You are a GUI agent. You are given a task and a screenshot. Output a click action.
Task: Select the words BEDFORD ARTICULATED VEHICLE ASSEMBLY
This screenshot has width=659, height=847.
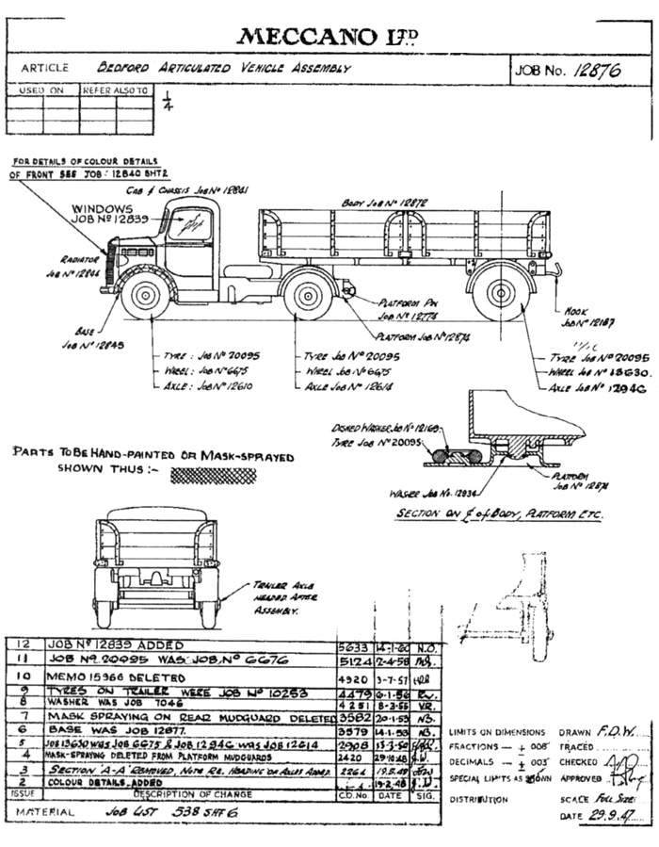(225, 69)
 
